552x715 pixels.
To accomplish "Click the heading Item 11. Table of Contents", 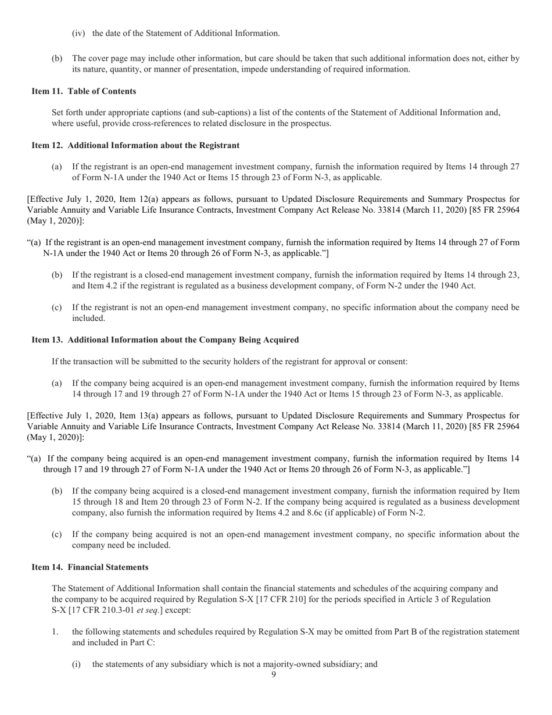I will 84,91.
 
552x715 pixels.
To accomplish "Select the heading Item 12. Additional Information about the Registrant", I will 135,145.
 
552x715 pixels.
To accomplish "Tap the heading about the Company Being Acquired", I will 165,340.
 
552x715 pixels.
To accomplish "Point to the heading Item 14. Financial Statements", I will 89,567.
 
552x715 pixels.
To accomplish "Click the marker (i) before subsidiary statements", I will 76,664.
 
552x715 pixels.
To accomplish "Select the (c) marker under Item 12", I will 56,308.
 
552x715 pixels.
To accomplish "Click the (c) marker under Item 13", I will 56,534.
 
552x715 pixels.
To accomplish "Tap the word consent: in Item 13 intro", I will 392,362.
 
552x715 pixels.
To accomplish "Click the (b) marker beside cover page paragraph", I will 57,58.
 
